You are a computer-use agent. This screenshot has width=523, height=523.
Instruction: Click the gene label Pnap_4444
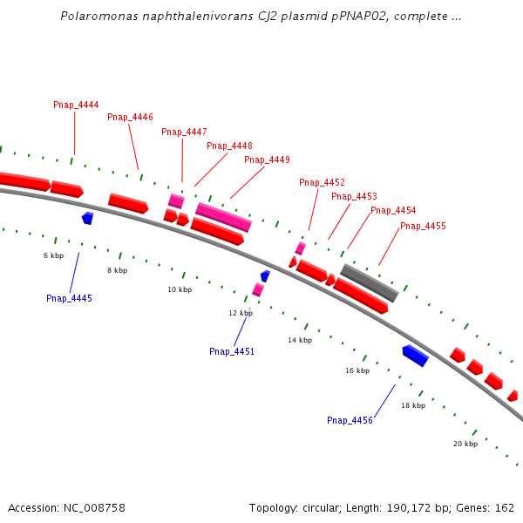click(x=76, y=105)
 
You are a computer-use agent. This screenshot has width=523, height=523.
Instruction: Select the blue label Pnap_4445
click(x=69, y=298)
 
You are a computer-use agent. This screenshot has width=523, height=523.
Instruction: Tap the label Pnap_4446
click(x=130, y=117)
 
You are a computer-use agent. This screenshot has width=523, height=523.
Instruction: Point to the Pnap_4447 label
click(x=184, y=132)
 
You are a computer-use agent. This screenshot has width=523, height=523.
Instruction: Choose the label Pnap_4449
click(x=267, y=160)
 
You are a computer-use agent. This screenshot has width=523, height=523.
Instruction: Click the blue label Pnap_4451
click(x=232, y=351)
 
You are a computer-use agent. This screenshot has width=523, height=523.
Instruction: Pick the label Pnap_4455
click(x=423, y=226)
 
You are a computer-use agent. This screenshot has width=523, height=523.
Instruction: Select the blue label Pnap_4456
click(x=350, y=420)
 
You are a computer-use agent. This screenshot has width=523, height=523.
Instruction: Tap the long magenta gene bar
click(x=223, y=217)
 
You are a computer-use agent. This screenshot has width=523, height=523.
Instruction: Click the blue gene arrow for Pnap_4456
click(x=415, y=355)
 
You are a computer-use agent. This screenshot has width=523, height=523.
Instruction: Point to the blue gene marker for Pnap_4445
click(x=87, y=218)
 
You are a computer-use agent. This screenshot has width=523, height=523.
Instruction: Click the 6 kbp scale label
click(x=54, y=255)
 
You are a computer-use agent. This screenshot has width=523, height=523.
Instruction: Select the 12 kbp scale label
click(x=241, y=312)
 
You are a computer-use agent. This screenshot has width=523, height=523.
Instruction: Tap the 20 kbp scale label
click(x=465, y=444)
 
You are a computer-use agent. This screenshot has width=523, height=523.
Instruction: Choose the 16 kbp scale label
click(x=357, y=370)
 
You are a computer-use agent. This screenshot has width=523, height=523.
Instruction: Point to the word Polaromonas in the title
click(x=93, y=17)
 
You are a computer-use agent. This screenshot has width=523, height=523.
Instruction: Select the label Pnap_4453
click(x=354, y=196)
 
